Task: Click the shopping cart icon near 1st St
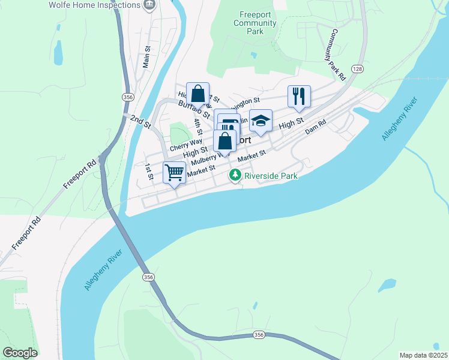[175, 172]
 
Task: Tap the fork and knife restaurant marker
[298, 96]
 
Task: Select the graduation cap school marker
[261, 121]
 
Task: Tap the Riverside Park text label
[271, 176]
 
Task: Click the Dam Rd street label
[315, 126]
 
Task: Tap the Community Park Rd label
[337, 55]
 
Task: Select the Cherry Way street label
[185, 145]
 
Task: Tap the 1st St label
[149, 172]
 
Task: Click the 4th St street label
[198, 127]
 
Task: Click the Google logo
[20, 353]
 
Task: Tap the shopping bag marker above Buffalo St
[197, 94]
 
